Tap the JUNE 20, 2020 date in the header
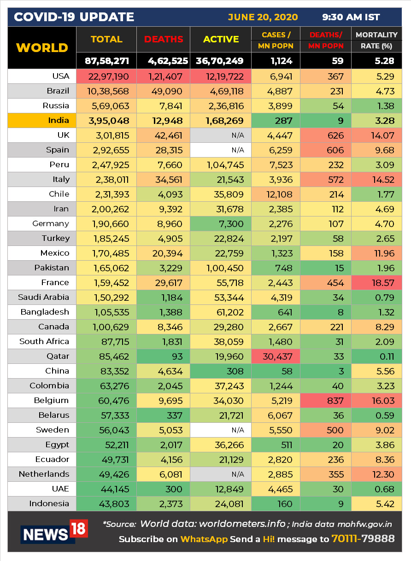(x=263, y=18)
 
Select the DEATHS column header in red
(x=163, y=40)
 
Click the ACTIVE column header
(x=221, y=40)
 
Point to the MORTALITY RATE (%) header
(x=376, y=40)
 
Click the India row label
(x=59, y=121)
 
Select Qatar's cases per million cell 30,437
(x=276, y=356)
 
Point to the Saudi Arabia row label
(x=44, y=297)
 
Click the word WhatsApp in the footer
(x=204, y=539)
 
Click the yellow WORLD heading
(x=42, y=48)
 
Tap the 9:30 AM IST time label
(x=351, y=18)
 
